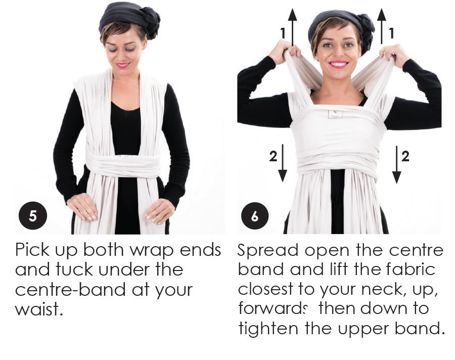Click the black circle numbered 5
point(33,216)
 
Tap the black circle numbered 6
point(255,216)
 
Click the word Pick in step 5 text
point(32,249)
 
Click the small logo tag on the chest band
point(335,114)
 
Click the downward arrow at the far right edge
point(397,165)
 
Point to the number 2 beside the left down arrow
point(273,156)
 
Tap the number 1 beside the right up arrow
point(391,33)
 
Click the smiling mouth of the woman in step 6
point(338,64)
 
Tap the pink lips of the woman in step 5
point(123,65)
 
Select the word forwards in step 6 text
point(272,308)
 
